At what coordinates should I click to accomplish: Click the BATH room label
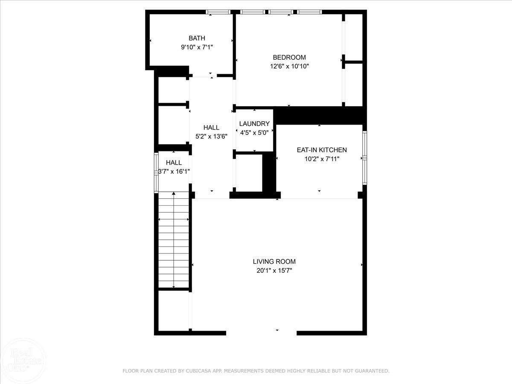tap(197, 38)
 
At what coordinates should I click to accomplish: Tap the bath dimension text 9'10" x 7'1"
tap(197, 47)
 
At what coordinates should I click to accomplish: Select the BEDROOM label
tap(289, 57)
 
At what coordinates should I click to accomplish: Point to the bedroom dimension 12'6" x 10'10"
tap(289, 67)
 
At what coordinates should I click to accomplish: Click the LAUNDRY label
tap(254, 124)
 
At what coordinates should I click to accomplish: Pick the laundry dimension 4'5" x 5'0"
tap(254, 133)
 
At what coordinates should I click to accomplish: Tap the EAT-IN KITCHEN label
tap(322, 150)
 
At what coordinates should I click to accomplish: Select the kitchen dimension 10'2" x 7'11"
tap(322, 159)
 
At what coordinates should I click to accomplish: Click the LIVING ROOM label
tap(274, 262)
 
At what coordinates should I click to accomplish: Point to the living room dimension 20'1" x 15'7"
tap(274, 271)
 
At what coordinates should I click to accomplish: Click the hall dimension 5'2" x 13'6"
tap(211, 137)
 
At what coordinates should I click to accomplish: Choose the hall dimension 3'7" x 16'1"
tap(174, 172)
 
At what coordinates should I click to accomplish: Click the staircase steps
tap(174, 240)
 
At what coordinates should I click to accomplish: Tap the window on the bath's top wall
tap(218, 12)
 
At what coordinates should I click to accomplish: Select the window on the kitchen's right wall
tap(364, 158)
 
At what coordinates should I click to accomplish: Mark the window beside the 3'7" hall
tap(156, 173)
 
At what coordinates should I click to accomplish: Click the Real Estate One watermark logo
tap(23, 361)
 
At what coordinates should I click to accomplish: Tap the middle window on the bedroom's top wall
tap(281, 12)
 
